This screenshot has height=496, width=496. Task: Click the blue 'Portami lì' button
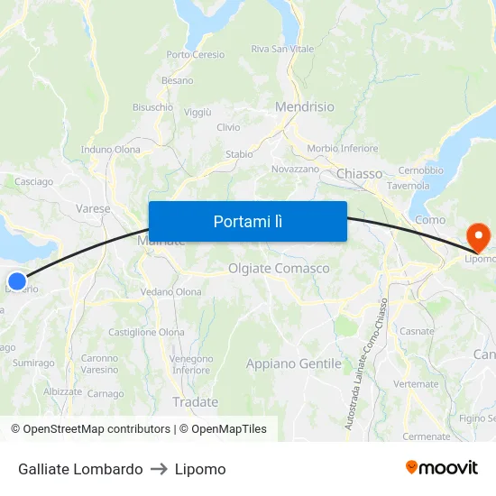click(x=247, y=221)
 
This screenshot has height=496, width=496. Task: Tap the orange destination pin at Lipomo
click(x=477, y=237)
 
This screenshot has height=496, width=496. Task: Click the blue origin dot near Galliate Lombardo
click(x=16, y=280)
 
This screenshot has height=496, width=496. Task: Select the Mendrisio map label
click(x=304, y=106)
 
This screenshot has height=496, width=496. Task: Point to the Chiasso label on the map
click(x=359, y=173)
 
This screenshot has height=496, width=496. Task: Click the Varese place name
click(x=93, y=208)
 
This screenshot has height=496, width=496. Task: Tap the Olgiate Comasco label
click(x=279, y=269)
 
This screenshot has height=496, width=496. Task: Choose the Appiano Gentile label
click(x=294, y=363)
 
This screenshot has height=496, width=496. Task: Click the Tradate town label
click(x=195, y=401)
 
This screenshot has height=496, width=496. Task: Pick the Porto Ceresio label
click(x=196, y=55)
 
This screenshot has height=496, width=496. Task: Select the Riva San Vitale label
click(x=282, y=49)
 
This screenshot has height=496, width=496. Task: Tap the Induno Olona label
click(x=110, y=150)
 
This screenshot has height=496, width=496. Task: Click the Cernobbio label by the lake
click(x=420, y=170)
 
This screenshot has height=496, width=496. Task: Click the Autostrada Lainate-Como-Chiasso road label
click(x=367, y=363)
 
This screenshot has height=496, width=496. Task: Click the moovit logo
click(x=442, y=468)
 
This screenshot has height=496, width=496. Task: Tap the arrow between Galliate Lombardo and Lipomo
click(x=159, y=469)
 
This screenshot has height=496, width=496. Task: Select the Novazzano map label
click(x=295, y=169)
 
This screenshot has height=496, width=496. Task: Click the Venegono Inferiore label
click(x=190, y=364)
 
